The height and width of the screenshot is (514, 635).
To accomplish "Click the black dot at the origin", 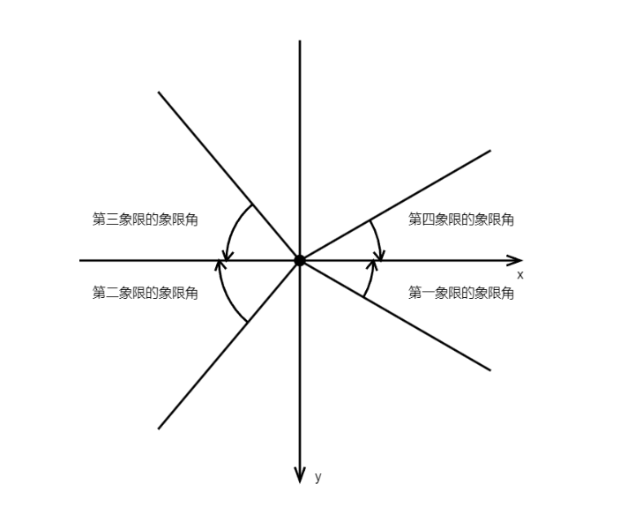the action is coord(300,260).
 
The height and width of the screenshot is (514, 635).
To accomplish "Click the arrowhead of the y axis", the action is coord(300,476).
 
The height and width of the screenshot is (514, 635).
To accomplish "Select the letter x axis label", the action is coord(520,275).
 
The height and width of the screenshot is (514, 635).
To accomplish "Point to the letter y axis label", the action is coord(318,477).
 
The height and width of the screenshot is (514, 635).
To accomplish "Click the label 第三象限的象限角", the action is coord(146,220).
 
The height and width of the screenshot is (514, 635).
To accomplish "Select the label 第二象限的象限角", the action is coord(146,293).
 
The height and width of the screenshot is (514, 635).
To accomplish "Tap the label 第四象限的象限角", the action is coord(461,220).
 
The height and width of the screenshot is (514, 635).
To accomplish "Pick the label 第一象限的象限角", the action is coord(461,293).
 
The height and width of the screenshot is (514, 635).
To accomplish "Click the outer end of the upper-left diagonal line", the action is coord(159,92).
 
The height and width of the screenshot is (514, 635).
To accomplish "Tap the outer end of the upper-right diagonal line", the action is coord(489,151).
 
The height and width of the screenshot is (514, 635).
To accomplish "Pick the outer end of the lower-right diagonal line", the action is coord(489,370).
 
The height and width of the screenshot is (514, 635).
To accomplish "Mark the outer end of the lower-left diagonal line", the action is coord(159,428).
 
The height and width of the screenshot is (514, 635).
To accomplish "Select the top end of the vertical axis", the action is coord(300,41).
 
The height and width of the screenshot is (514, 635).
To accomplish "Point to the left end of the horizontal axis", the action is coord(80,260).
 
